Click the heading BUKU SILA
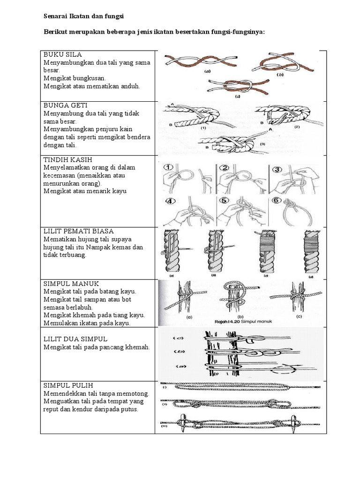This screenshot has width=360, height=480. [63, 55]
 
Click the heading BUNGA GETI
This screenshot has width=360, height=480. [66, 105]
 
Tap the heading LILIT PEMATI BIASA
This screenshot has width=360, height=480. [79, 231]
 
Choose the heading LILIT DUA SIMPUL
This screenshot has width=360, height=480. [75, 338]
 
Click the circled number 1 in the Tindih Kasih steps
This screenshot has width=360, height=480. [169, 167]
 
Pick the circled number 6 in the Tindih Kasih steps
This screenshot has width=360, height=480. [276, 200]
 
